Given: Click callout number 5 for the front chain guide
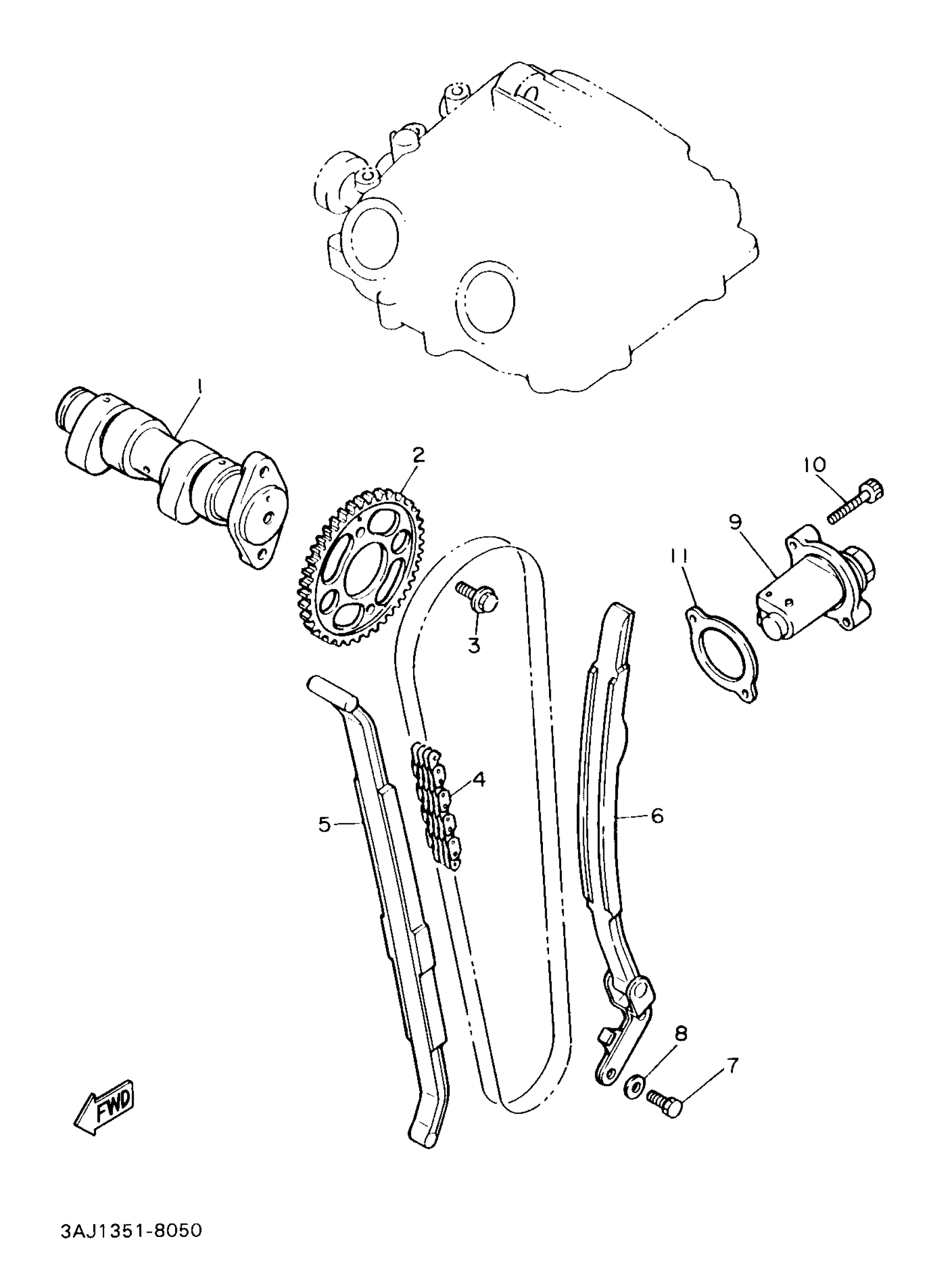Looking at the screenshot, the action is pyautogui.click(x=324, y=823).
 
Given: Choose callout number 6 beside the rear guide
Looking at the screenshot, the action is pyautogui.click(x=657, y=816).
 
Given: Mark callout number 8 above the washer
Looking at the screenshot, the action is pyautogui.click(x=681, y=1033).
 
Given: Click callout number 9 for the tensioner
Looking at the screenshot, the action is pyautogui.click(x=736, y=522).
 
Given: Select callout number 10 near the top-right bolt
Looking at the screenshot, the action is pyautogui.click(x=815, y=465).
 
